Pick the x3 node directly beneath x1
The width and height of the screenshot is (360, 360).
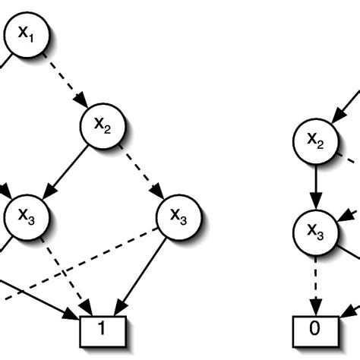click(26, 217)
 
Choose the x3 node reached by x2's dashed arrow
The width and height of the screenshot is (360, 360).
click(178, 218)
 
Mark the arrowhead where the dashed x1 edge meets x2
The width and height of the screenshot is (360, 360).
click(83, 104)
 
